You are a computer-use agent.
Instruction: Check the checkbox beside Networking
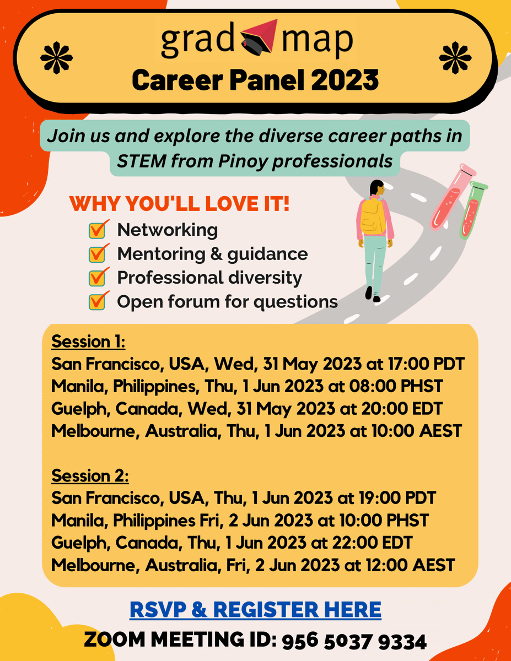coord(97,230)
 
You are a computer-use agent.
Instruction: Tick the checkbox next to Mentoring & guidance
coord(97,254)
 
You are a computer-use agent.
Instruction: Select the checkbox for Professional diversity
coord(97,278)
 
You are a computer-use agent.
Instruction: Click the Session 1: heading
coord(89,342)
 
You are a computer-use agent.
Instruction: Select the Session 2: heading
coord(90,475)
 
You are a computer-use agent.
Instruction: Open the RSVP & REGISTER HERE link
coord(255,610)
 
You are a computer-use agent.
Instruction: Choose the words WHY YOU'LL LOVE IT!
coord(179,204)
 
